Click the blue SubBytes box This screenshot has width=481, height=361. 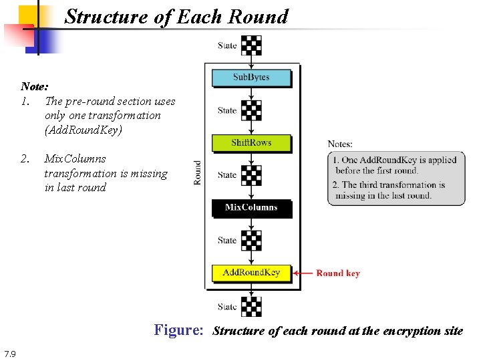(251, 78)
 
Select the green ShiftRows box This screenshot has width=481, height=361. (251, 142)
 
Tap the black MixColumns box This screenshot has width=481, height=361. (251, 207)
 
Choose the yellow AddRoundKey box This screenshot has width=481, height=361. (251, 272)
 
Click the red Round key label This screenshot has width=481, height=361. (338, 273)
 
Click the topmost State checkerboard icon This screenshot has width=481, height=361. (251, 45)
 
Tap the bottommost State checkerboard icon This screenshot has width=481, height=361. (251, 306)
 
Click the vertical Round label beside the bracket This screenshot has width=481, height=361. (197, 172)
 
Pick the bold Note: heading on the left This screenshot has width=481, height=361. (34, 86)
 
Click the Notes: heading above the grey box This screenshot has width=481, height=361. (340, 144)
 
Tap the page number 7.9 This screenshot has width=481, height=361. (10, 353)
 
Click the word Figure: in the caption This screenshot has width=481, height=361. (178, 330)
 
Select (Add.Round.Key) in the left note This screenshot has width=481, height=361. (84, 130)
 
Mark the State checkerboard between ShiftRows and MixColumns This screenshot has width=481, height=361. (251, 175)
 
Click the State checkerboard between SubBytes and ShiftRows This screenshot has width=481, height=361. (251, 110)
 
